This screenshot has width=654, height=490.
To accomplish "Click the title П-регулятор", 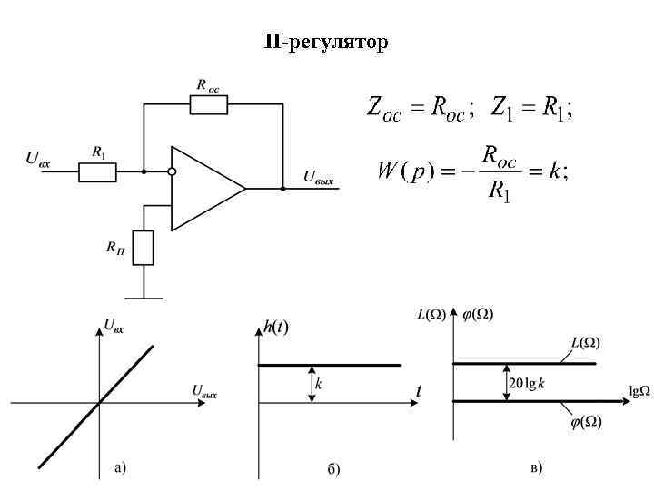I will (x=326, y=42).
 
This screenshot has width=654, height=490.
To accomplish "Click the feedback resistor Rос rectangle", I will (x=209, y=104).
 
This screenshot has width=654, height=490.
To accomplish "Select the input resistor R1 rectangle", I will (x=97, y=171).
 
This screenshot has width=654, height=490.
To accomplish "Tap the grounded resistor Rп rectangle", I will (x=144, y=248).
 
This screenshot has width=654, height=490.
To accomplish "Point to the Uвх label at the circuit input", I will (x=38, y=159).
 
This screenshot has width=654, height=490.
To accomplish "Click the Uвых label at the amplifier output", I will (x=318, y=178).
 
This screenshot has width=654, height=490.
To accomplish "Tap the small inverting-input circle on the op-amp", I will (x=172, y=171).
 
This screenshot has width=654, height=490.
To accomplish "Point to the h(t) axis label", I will (x=276, y=328).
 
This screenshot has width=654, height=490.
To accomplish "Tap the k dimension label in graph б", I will (x=319, y=385).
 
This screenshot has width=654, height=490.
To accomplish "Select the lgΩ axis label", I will (x=639, y=391).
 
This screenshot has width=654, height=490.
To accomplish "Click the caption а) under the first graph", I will (x=120, y=468).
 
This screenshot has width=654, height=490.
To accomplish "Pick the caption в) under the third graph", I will (x=536, y=467).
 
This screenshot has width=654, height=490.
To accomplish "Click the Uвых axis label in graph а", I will (x=204, y=392).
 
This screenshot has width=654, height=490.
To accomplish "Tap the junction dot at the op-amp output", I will (x=282, y=189).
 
